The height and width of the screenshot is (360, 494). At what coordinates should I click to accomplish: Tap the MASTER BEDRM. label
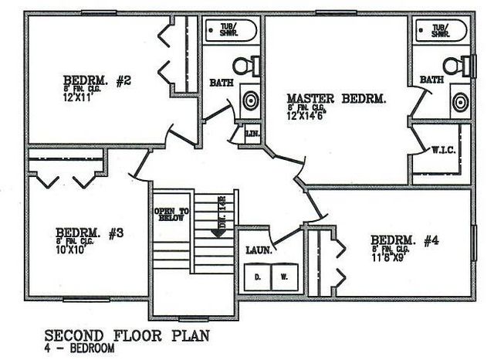336,99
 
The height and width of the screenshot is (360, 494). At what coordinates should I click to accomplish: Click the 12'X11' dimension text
81,98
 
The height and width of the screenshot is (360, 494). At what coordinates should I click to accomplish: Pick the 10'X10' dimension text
73,250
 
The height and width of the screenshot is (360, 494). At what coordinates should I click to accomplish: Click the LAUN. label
257,250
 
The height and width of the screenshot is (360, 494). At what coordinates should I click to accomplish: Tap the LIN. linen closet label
251,134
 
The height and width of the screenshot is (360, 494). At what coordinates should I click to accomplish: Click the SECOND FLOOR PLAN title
127,336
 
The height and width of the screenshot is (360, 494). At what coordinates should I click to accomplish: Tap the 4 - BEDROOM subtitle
81,349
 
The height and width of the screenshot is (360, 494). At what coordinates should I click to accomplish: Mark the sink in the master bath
461,101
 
